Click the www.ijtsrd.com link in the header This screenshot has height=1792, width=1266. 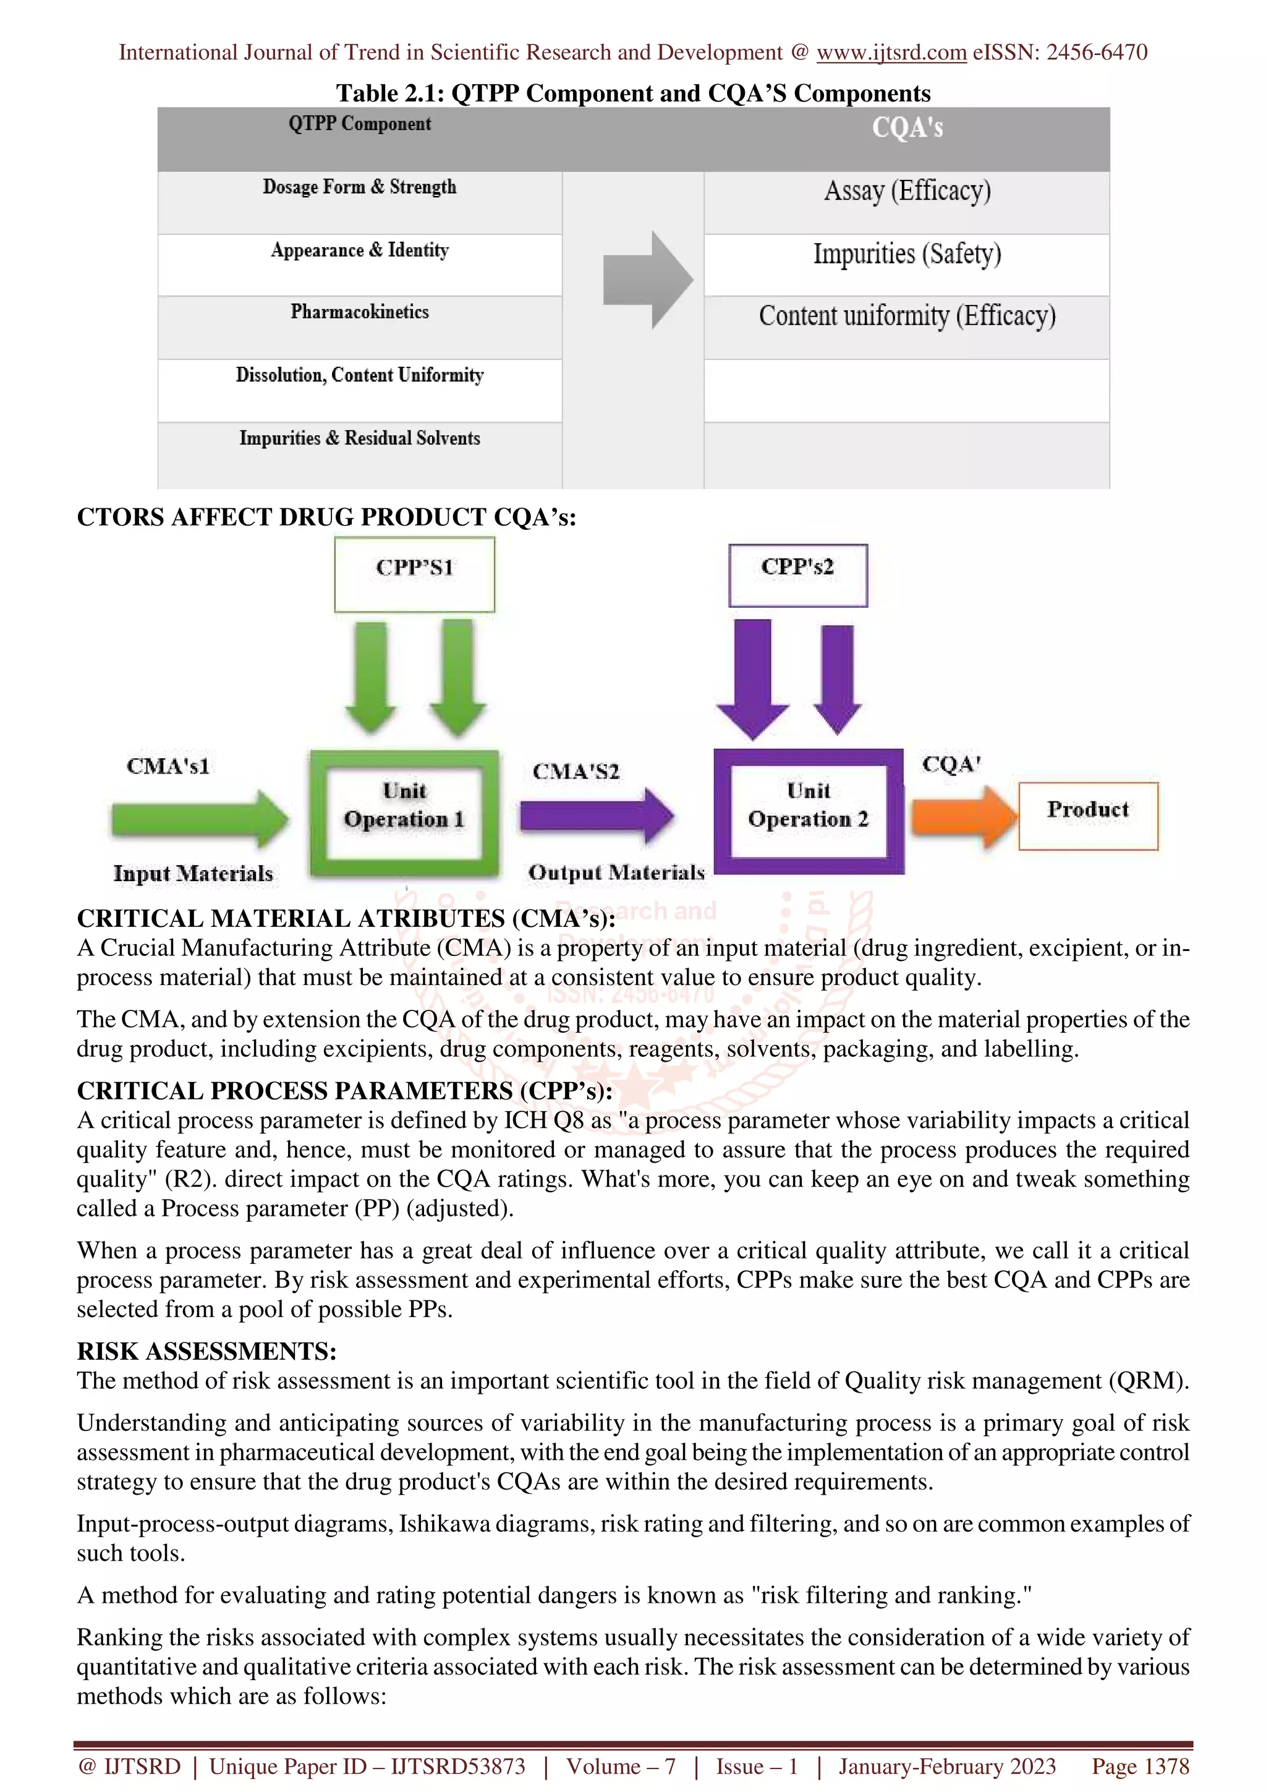tap(891, 53)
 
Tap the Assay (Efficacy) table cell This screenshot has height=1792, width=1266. tap(907, 191)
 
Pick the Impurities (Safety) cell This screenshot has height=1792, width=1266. tap(907, 254)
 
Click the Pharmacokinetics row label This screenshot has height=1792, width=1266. tap(360, 312)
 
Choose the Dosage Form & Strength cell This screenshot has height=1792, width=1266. tap(360, 187)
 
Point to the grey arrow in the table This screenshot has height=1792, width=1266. tap(647, 279)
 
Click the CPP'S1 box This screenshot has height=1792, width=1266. tap(414, 574)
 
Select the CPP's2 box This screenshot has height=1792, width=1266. tap(797, 574)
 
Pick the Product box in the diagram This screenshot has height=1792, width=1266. tap(1087, 815)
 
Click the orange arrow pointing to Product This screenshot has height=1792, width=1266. tap(964, 816)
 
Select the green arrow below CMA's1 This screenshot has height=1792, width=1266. tap(200, 819)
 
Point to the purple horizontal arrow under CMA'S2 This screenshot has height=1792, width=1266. tap(597, 816)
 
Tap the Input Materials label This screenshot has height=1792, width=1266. tap(193, 873)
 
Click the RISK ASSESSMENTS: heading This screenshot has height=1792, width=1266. tap(206, 1351)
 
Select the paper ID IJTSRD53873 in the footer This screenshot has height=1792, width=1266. tap(458, 1766)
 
